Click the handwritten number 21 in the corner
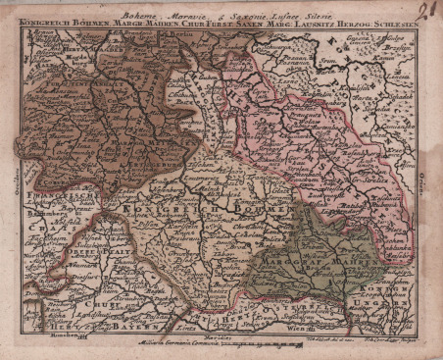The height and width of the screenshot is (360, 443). [423, 11]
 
